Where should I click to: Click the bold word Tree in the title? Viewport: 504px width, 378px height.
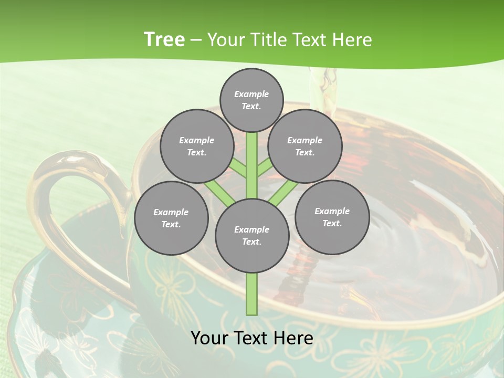164,39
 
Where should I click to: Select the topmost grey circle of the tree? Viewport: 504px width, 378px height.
251,100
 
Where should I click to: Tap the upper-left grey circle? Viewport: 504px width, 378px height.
196,146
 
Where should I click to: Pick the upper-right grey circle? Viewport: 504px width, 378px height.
305,146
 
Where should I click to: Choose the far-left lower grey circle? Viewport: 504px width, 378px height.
171,218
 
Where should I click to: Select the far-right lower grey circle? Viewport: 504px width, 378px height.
332,217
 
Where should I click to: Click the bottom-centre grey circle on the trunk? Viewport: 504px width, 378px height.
252,235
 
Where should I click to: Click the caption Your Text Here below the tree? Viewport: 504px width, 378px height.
252,338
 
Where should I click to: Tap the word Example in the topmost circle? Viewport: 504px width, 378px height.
251,94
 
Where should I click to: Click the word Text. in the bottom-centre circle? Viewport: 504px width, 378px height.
251,241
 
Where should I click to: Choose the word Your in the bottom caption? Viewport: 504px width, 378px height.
209,338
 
